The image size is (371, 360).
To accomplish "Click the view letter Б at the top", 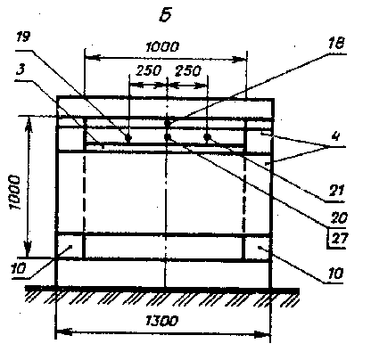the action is [166, 15].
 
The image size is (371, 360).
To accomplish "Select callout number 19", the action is [23, 37].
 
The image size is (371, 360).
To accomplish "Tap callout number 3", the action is [21, 70].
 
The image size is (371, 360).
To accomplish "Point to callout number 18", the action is [336, 44].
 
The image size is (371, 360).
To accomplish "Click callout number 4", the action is [335, 136].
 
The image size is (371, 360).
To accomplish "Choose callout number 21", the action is [336, 190].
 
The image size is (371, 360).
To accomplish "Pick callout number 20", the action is [339, 218].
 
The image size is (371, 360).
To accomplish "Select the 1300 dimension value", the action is [161, 321].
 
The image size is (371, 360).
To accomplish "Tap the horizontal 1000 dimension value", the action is [162, 47].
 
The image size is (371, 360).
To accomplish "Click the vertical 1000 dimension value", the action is [15, 192].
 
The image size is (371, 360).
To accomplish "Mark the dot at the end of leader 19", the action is [128, 137].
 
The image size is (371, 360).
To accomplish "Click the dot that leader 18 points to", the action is [168, 123].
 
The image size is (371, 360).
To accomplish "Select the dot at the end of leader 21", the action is [207, 137].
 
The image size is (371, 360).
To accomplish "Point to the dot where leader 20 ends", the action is [168, 137].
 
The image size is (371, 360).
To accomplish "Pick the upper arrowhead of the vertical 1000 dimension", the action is [29, 123].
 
